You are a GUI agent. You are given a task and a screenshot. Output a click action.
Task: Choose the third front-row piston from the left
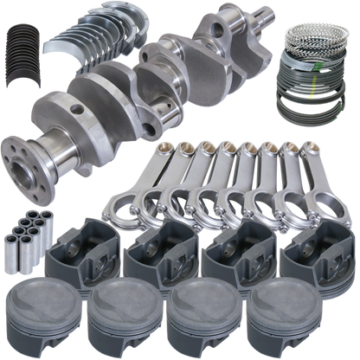tap(203, 313)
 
